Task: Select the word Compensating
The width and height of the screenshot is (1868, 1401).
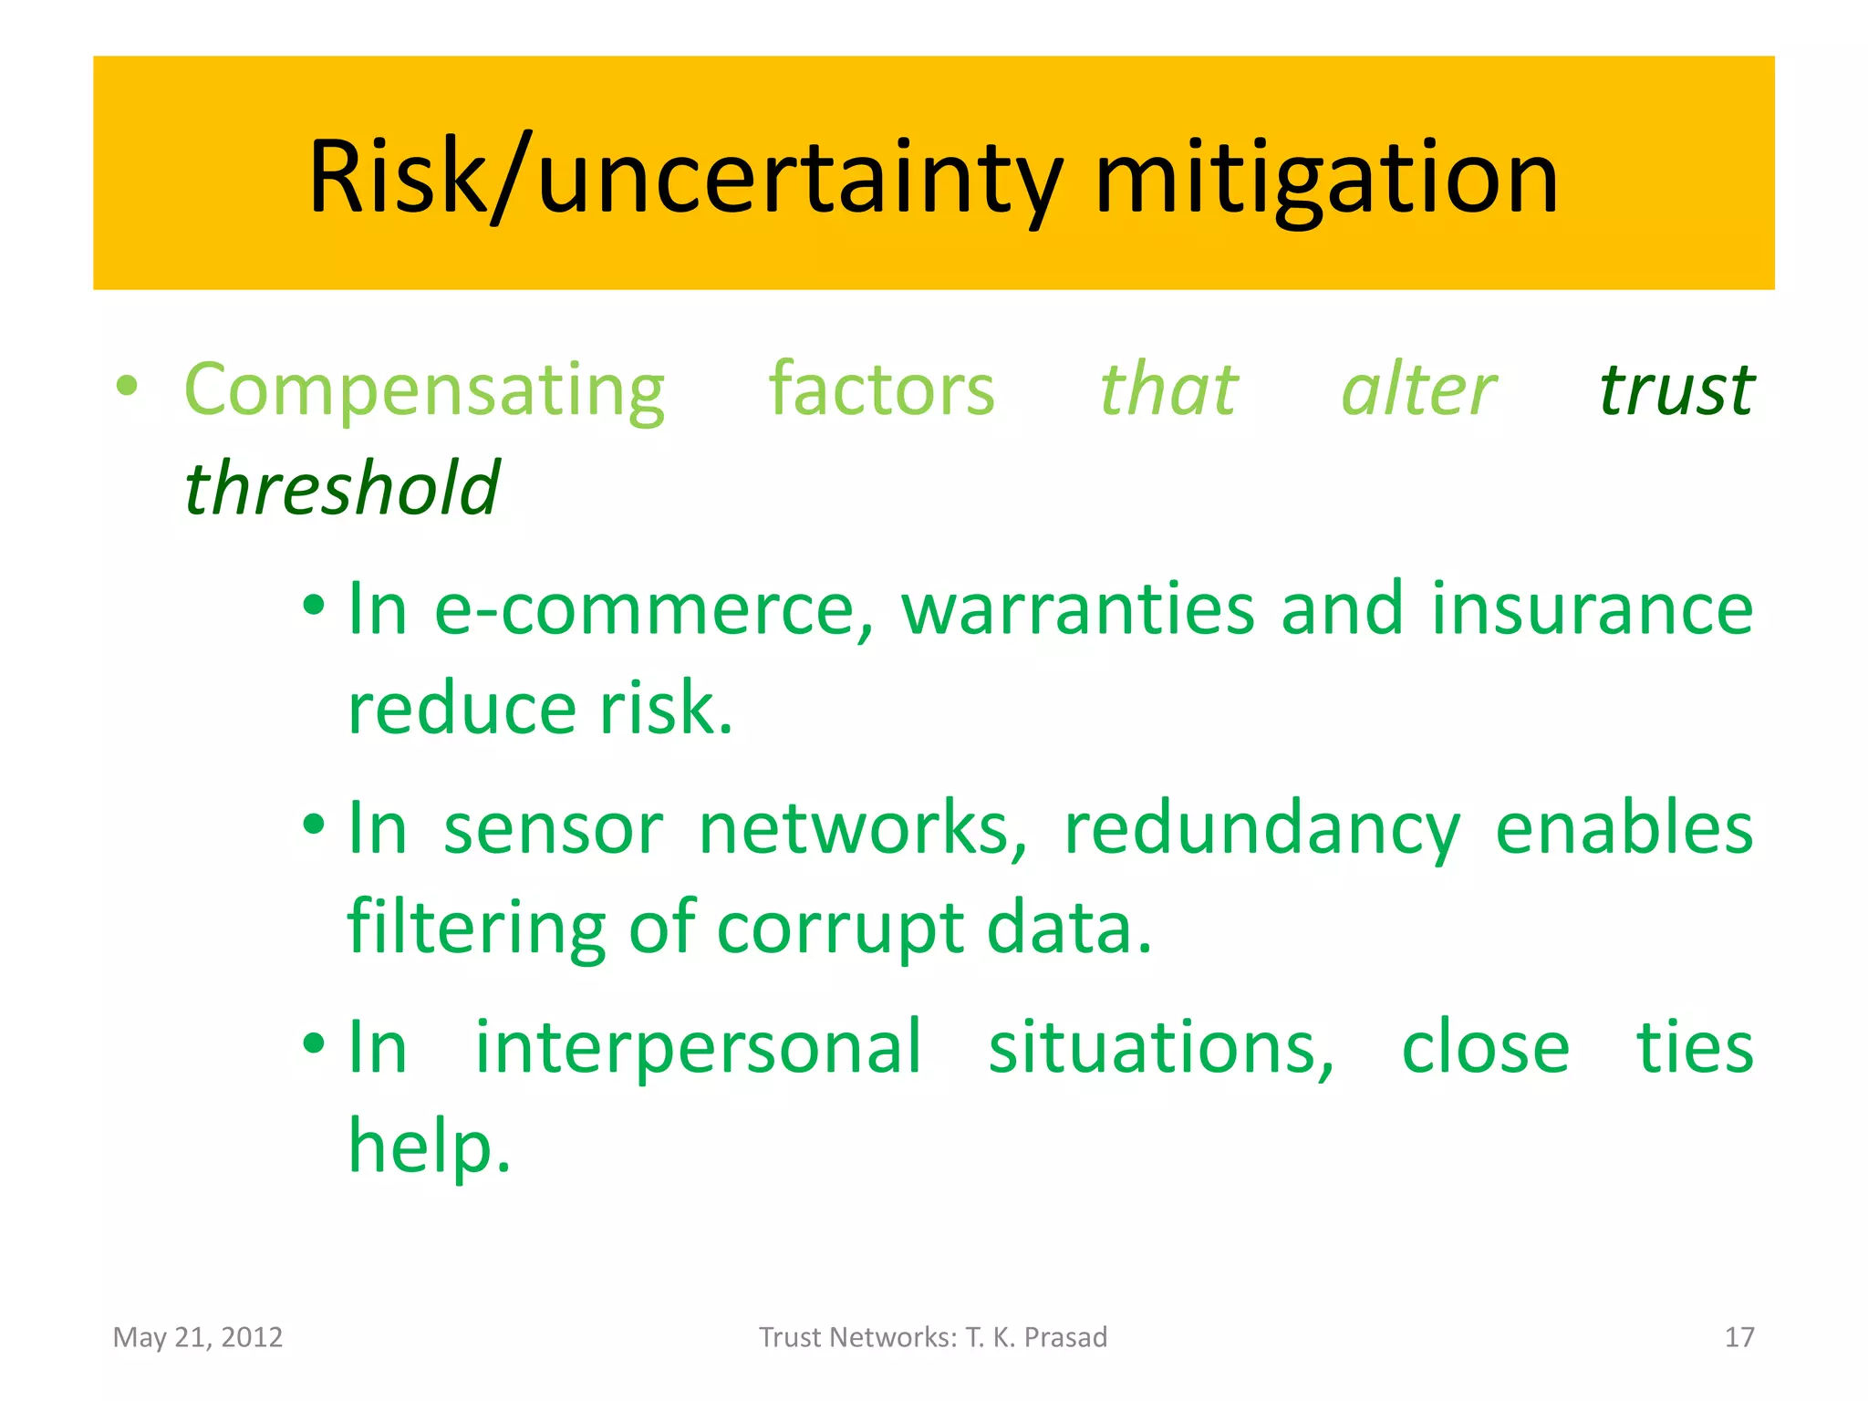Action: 424,390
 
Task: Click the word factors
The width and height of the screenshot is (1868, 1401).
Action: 881,390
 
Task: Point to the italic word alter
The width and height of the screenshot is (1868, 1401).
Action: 1418,390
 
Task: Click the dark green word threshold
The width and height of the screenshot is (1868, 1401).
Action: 342,489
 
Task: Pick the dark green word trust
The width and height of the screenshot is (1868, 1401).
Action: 1676,390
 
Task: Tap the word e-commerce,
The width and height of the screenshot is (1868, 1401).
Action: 653,609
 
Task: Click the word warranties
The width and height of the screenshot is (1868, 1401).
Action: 1077,609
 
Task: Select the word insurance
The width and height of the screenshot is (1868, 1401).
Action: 1592,609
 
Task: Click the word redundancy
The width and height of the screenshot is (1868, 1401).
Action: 1262,828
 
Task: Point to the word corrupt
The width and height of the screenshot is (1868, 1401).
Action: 840,929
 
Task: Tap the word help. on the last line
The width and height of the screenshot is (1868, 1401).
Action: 429,1147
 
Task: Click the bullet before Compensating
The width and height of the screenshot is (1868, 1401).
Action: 127,387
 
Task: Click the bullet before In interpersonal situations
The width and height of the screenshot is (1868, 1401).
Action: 314,1044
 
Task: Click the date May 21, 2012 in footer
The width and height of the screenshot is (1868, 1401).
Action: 198,1337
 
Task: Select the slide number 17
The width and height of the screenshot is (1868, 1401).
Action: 1739,1337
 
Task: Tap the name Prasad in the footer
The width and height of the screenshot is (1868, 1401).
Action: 1065,1337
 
